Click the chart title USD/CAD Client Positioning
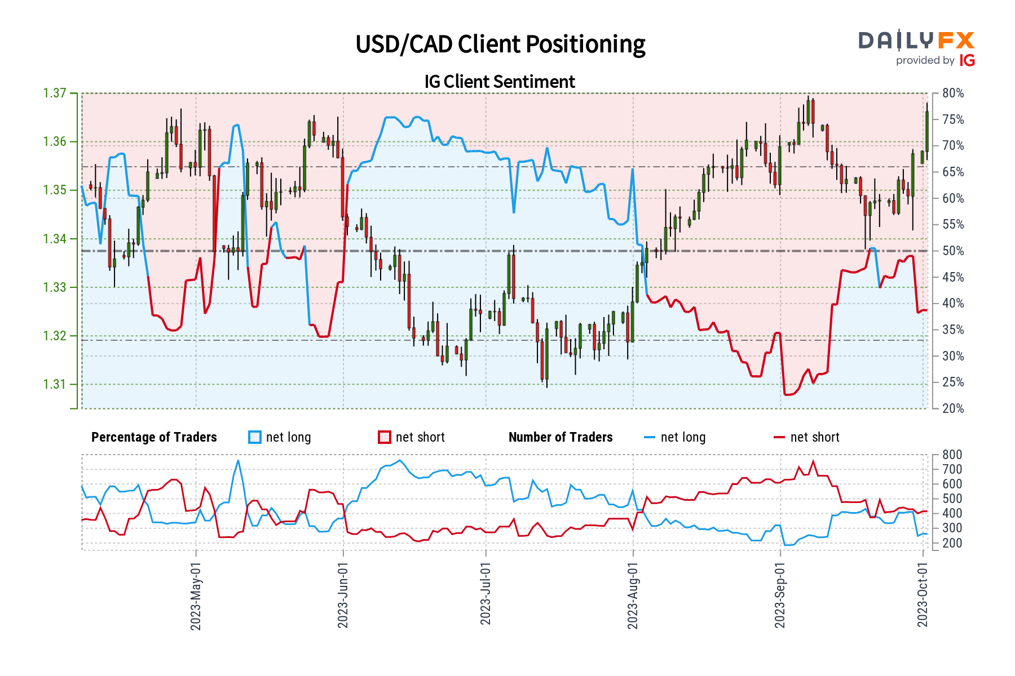pyautogui.click(x=500, y=44)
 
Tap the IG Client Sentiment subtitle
pyautogui.click(x=500, y=82)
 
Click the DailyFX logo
pyautogui.click(x=916, y=48)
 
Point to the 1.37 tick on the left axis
pyautogui.click(x=55, y=93)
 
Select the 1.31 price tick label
pyautogui.click(x=55, y=385)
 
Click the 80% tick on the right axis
pyautogui.click(x=953, y=93)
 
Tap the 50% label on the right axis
pyautogui.click(x=953, y=251)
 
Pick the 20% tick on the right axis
pyautogui.click(x=953, y=408)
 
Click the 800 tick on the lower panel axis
pyautogui.click(x=952, y=455)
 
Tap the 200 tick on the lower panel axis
pyautogui.click(x=952, y=543)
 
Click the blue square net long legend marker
pyautogui.click(x=255, y=437)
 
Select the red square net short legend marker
pyautogui.click(x=385, y=437)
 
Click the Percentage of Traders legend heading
pyautogui.click(x=154, y=437)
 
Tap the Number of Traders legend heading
pyautogui.click(x=561, y=437)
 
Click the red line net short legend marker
pyautogui.click(x=779, y=437)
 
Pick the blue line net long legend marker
pyautogui.click(x=650, y=437)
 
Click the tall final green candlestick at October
pyautogui.click(x=927, y=131)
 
